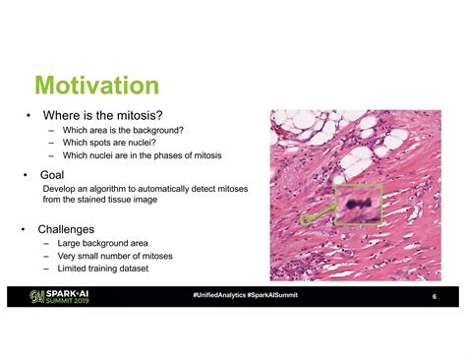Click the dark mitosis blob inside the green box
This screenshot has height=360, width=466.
pos(355,203)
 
